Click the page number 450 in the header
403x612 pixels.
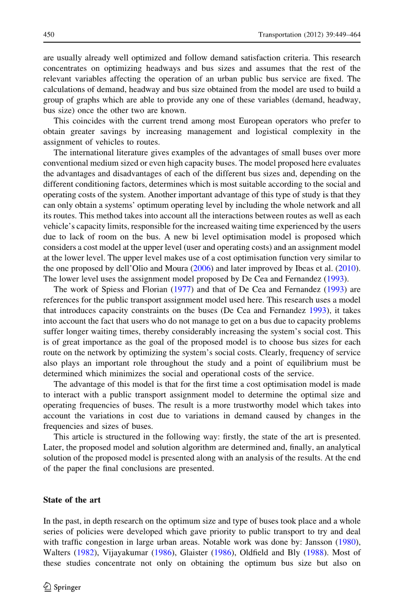tap(49, 35)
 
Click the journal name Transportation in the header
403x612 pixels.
tap(280, 35)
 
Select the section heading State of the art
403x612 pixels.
tap(72, 500)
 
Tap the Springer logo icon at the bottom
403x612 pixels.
tap(48, 587)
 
